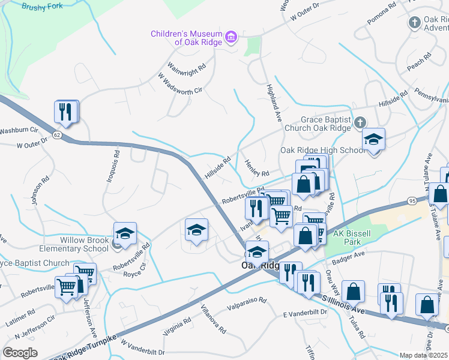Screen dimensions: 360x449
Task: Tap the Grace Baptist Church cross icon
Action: (359, 123)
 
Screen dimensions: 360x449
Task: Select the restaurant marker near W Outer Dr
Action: (66, 112)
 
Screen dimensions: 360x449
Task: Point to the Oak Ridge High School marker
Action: (373, 141)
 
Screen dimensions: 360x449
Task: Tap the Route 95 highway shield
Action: (411, 200)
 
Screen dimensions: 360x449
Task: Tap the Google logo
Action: (20, 352)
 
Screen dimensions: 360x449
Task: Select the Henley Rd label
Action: (257, 168)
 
